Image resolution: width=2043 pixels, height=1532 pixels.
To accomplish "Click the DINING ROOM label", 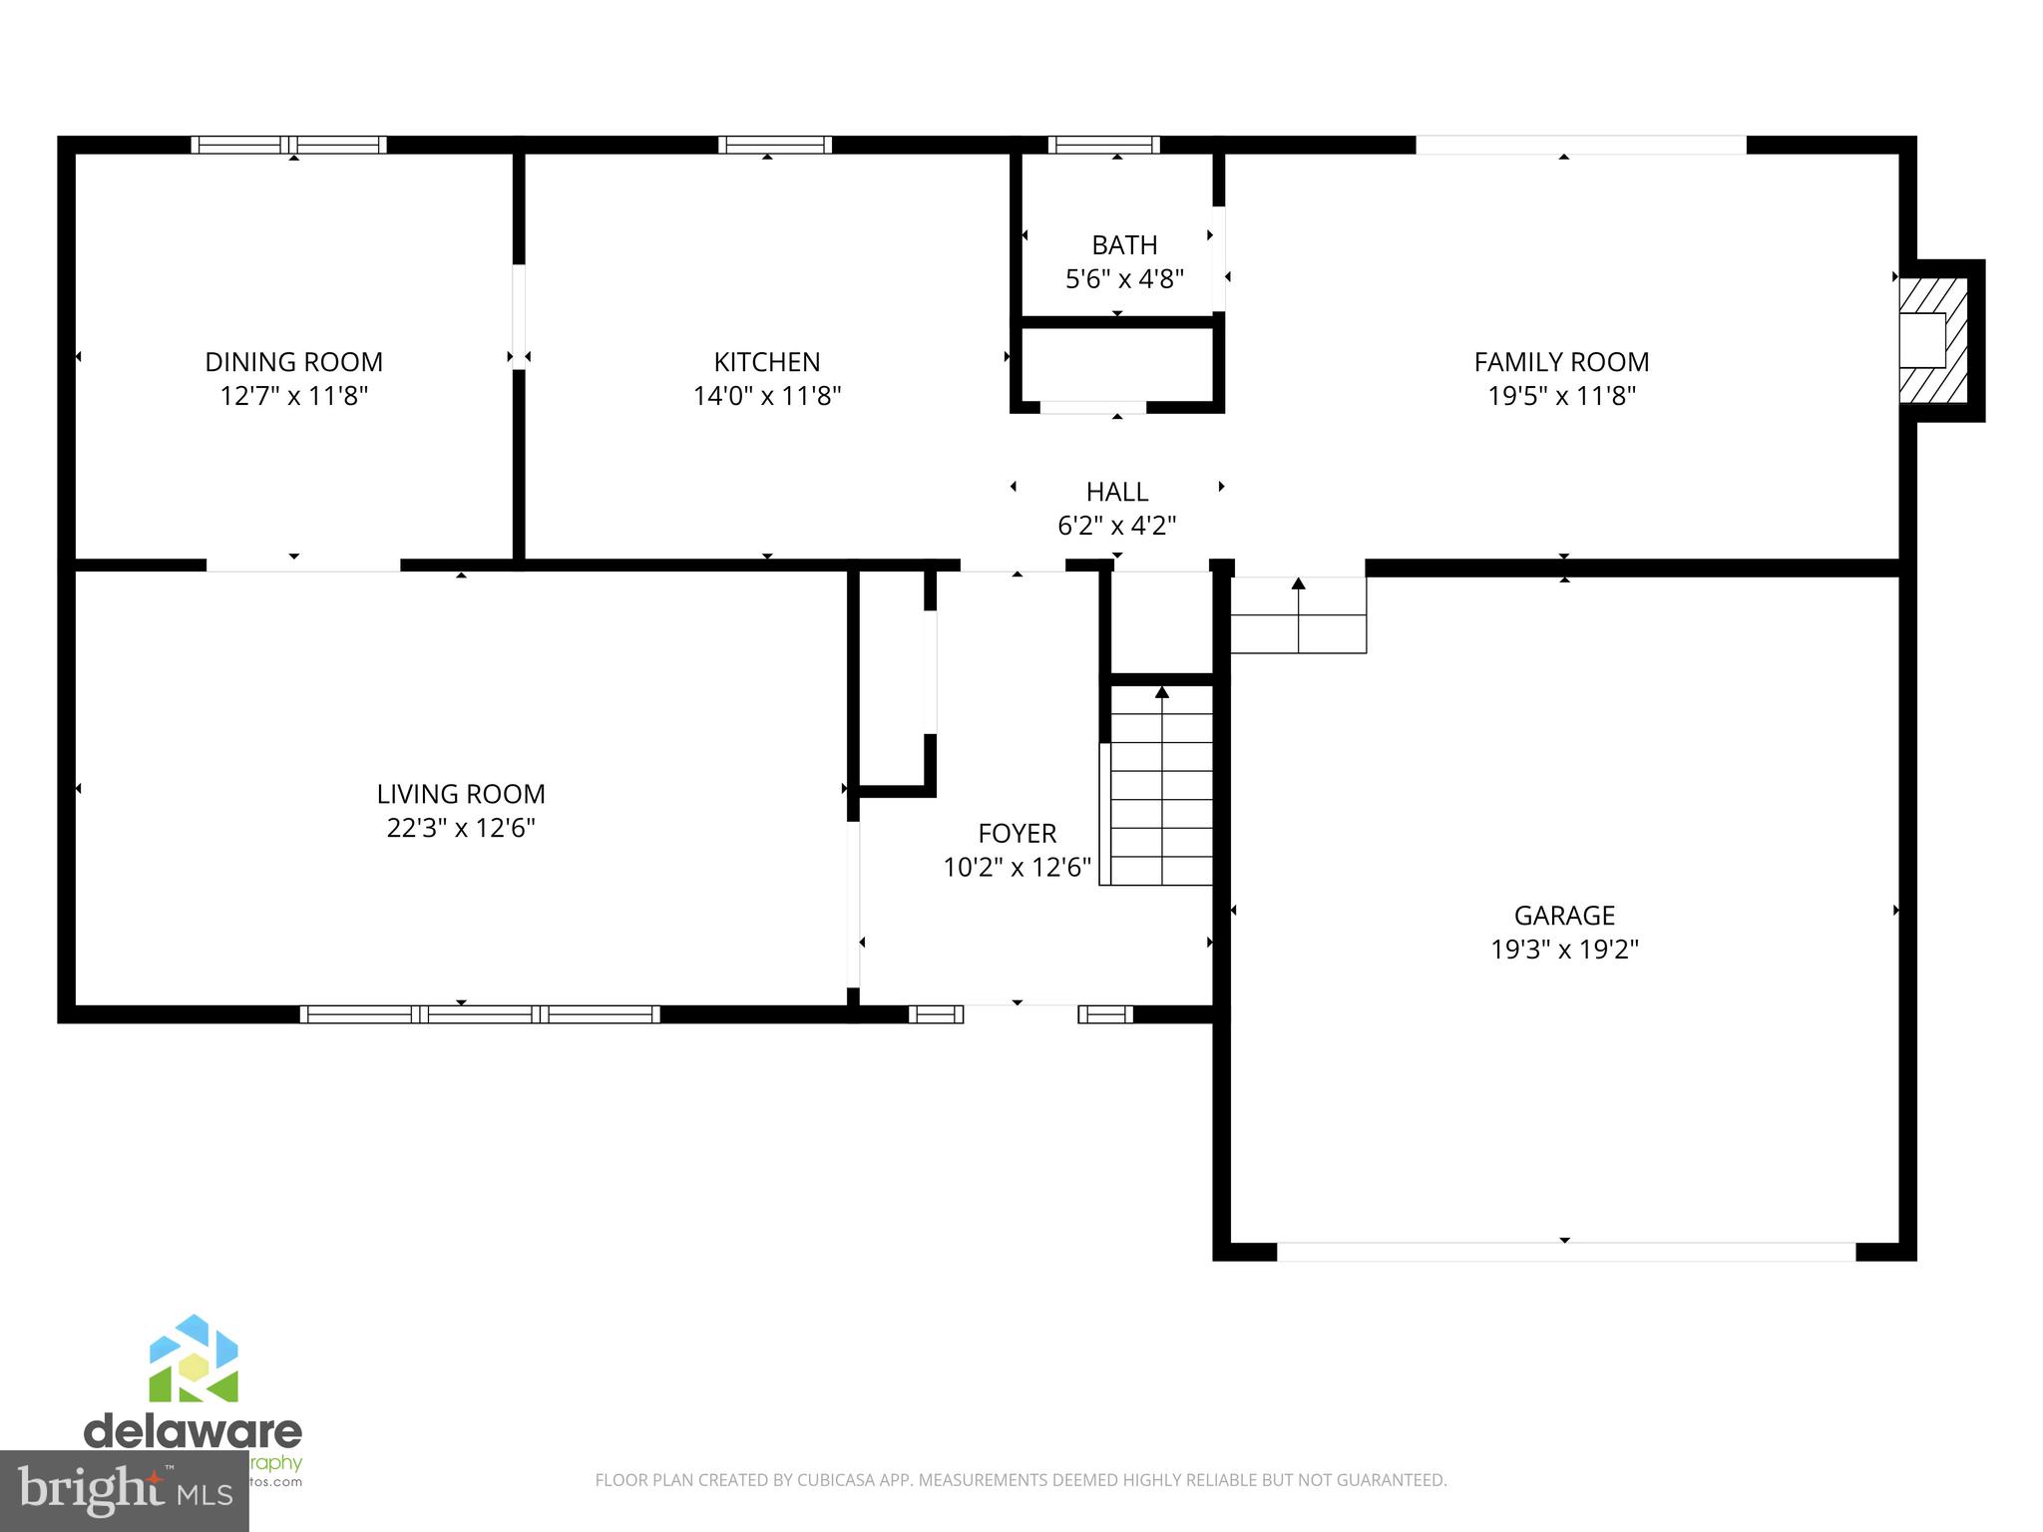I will (x=293, y=361).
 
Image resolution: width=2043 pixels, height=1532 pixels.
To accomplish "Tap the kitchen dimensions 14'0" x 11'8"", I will (x=766, y=396).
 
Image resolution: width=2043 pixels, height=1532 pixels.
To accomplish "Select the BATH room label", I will (x=1124, y=244).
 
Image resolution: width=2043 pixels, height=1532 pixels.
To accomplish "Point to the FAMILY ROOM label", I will (x=1561, y=361).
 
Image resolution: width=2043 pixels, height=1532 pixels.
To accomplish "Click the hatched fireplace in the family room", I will (x=1933, y=340).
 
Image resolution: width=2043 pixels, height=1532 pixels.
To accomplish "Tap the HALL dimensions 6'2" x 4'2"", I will (x=1116, y=526).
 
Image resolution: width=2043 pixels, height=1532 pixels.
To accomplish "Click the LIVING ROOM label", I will (x=460, y=794).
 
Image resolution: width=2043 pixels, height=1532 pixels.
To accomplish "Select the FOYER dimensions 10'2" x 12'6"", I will (x=1017, y=867).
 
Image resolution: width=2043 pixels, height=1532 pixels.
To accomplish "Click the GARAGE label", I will (x=1564, y=915).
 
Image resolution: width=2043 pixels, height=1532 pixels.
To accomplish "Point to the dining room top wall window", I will (x=289, y=145).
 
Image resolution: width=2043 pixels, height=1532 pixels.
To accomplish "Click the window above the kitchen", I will (x=775, y=145).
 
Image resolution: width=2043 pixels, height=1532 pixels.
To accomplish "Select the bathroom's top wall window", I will (x=1103, y=145).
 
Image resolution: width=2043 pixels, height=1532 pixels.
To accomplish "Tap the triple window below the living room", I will (x=480, y=1014).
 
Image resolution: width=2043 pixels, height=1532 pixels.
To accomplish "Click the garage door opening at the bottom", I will (x=1565, y=1252).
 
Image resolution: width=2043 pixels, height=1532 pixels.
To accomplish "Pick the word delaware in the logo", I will (x=193, y=1432).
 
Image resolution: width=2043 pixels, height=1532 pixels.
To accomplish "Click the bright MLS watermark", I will (x=124, y=1491).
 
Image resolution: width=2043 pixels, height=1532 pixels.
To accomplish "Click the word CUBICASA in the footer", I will (x=837, y=1480).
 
